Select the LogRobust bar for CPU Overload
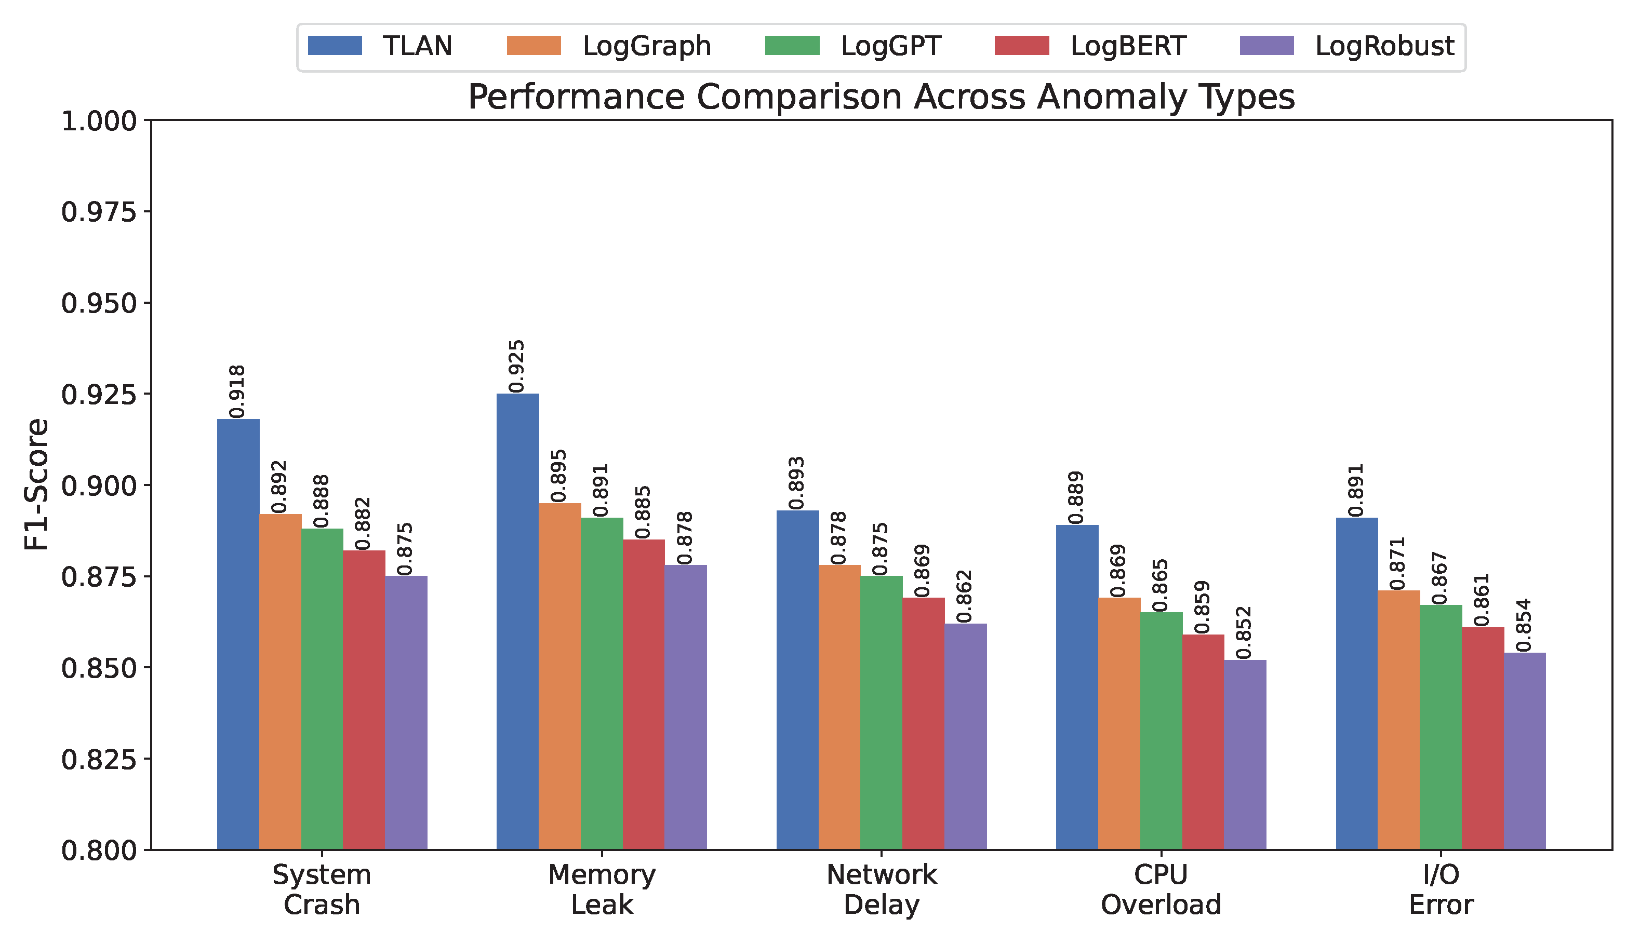pyautogui.click(x=1245, y=754)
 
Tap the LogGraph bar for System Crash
pyautogui.click(x=280, y=682)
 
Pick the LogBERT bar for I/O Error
pyautogui.click(x=1483, y=738)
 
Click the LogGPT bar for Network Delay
pyautogui.click(x=881, y=712)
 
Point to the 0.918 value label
pyautogui.click(x=237, y=392)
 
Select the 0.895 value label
pyautogui.click(x=559, y=476)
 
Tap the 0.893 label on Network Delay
pyautogui.click(x=797, y=483)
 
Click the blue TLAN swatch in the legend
pyautogui.click(x=335, y=46)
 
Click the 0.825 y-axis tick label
pyautogui.click(x=99, y=760)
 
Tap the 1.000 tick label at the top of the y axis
pyautogui.click(x=99, y=121)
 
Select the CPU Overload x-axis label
pyautogui.click(x=1161, y=889)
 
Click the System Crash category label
pyautogui.click(x=322, y=889)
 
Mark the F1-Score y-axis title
pyautogui.click(x=36, y=484)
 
